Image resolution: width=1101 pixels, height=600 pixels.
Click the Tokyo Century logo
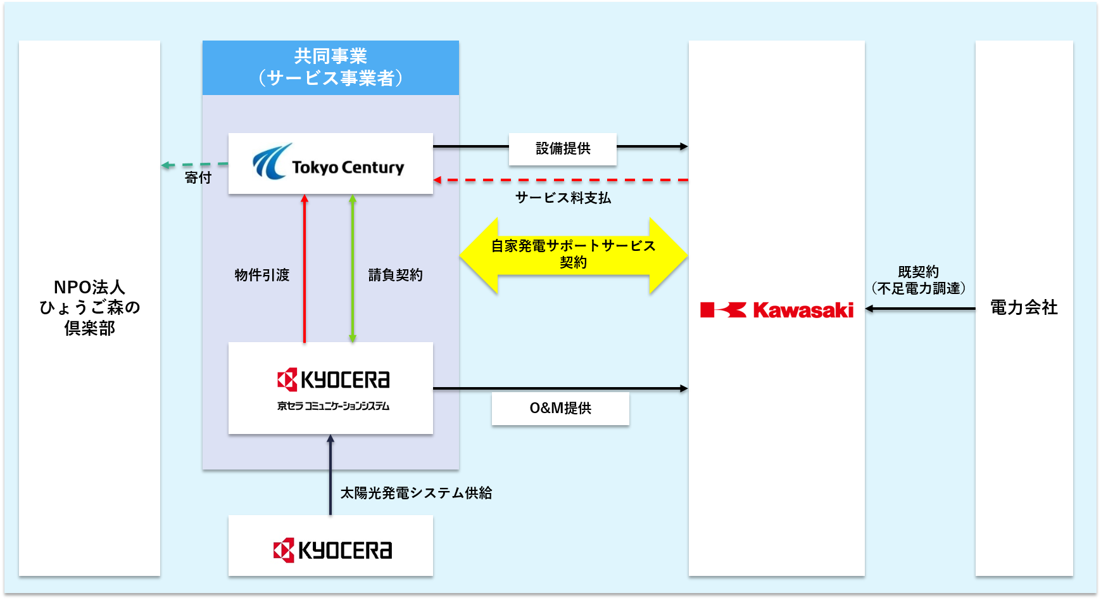329,163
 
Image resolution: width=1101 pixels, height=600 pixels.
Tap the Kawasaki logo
777,310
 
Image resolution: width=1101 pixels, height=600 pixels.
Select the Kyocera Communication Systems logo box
330,388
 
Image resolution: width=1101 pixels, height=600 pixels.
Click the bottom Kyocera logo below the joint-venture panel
332,550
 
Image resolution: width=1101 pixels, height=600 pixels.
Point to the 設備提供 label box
562,149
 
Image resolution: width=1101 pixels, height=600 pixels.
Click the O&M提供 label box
560,408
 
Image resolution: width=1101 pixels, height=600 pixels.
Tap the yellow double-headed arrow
573,255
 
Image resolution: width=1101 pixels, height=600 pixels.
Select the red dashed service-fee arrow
563,181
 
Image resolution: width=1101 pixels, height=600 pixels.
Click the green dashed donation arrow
193,165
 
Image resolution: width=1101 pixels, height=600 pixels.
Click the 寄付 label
198,178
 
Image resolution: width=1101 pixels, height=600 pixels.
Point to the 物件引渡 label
262,275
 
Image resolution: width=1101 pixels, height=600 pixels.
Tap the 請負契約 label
396,275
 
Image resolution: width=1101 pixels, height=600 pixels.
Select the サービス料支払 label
563,198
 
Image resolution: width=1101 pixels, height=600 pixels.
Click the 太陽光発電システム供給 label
416,493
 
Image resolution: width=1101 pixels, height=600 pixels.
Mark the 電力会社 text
1024,308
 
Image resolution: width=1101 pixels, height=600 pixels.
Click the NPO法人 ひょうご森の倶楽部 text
89,308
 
